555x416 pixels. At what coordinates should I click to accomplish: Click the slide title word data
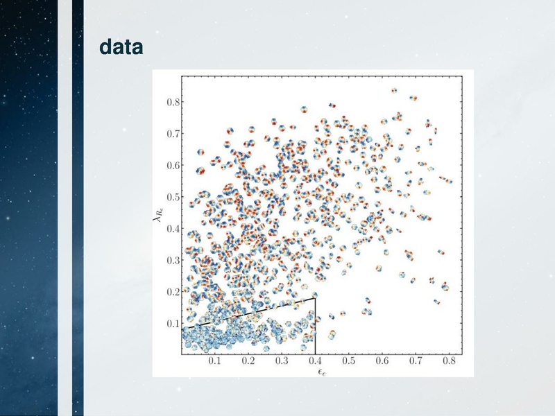point(121,48)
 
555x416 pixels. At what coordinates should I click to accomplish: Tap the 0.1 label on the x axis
point(214,361)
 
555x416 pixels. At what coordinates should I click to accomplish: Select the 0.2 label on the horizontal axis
point(248,361)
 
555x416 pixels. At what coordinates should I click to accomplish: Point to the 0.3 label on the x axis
point(282,361)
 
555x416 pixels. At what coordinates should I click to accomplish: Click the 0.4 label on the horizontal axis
point(315,361)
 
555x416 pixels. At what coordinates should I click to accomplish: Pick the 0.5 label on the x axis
point(349,361)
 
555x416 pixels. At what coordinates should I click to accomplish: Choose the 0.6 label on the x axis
point(382,361)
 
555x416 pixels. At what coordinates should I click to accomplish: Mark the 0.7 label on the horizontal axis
point(416,361)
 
